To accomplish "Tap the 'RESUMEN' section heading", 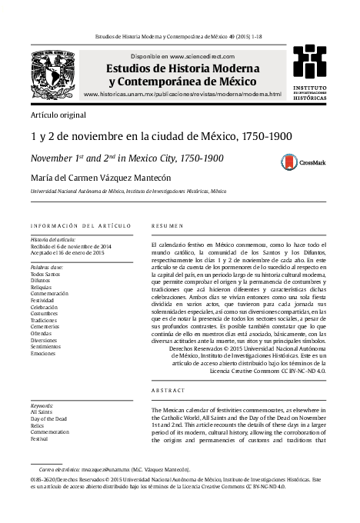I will (x=168, y=225).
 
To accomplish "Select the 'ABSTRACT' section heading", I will (x=168, y=391).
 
